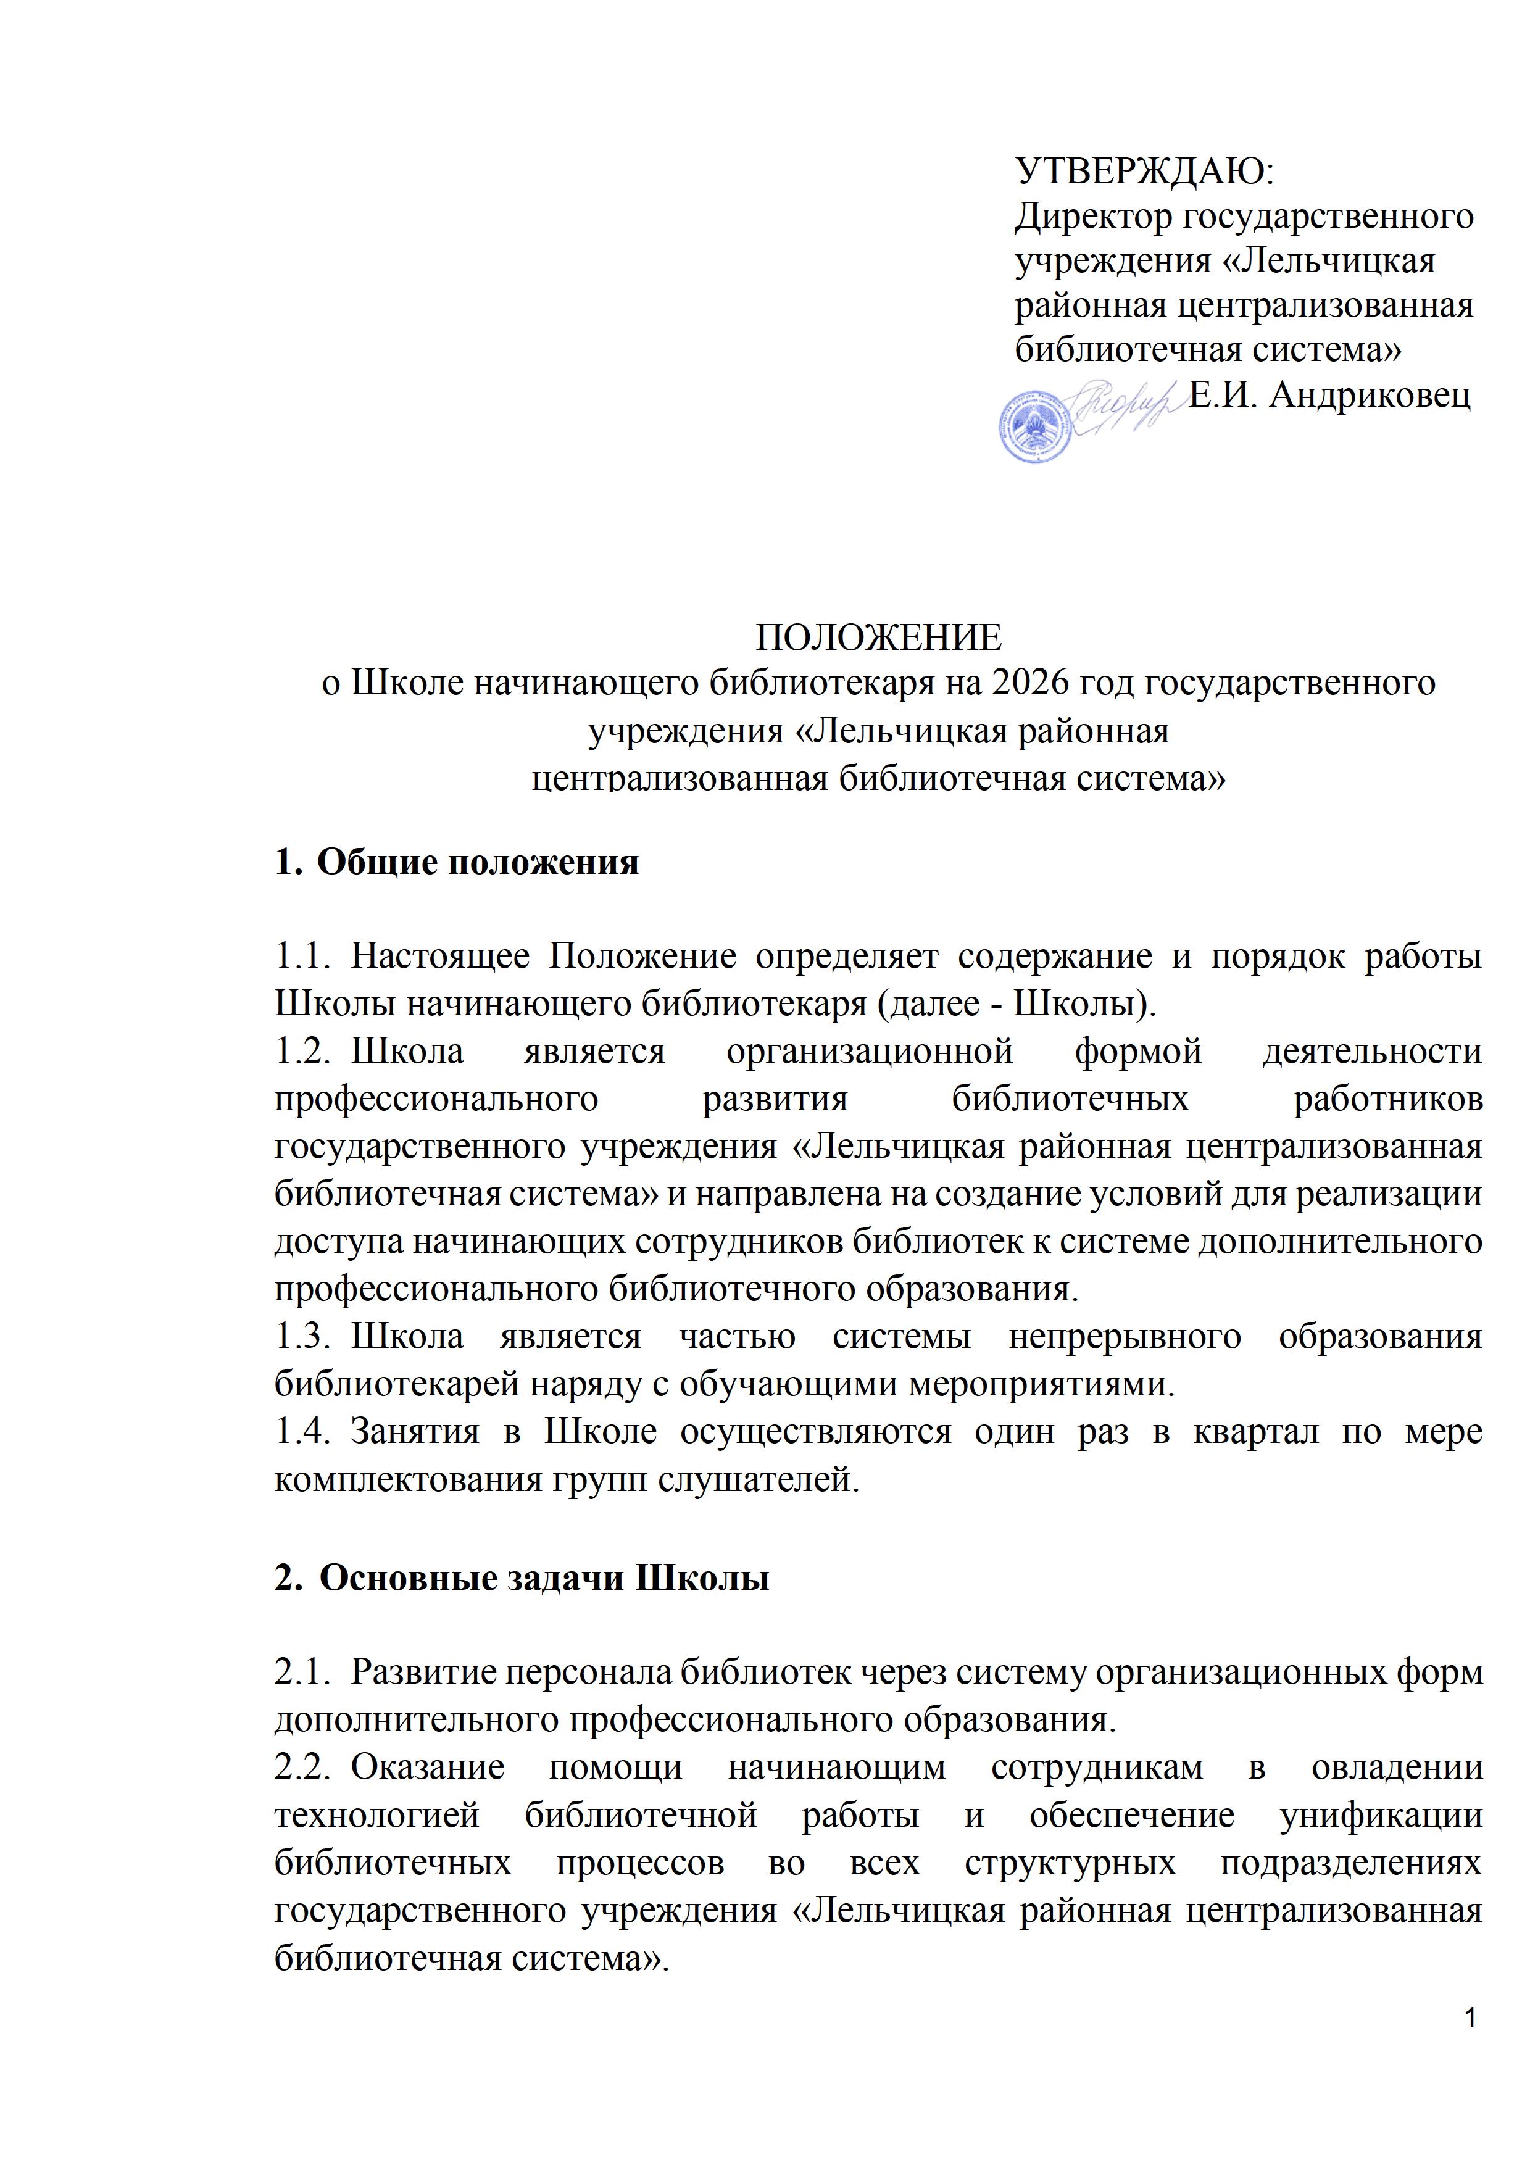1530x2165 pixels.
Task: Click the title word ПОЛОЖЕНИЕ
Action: (879, 638)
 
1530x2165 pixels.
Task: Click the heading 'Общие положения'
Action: (477, 862)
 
